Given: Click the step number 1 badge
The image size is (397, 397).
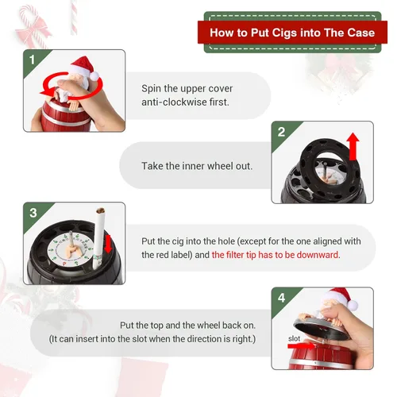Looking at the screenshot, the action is pyautogui.click(x=33, y=60).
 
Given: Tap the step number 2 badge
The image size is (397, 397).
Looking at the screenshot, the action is pyautogui.click(x=281, y=132).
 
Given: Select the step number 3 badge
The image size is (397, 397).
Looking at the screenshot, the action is pyautogui.click(x=33, y=213).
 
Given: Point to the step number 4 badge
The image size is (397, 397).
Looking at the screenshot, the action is pyautogui.click(x=281, y=298).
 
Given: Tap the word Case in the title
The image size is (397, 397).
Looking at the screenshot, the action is pyautogui.click(x=361, y=33).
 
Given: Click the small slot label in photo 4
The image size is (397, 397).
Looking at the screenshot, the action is pyautogui.click(x=294, y=338).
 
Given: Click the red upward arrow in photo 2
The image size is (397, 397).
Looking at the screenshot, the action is pyautogui.click(x=353, y=146).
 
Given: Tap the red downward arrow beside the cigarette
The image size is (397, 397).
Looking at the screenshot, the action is pyautogui.click(x=108, y=244).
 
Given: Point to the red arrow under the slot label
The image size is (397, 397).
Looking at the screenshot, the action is pyautogui.click(x=301, y=345).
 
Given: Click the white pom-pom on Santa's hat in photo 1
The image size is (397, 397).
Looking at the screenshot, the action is pyautogui.click(x=94, y=76).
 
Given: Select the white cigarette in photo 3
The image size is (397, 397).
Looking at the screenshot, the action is pyautogui.click(x=98, y=238).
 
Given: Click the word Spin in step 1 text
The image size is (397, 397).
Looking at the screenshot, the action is pyautogui.click(x=151, y=89).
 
